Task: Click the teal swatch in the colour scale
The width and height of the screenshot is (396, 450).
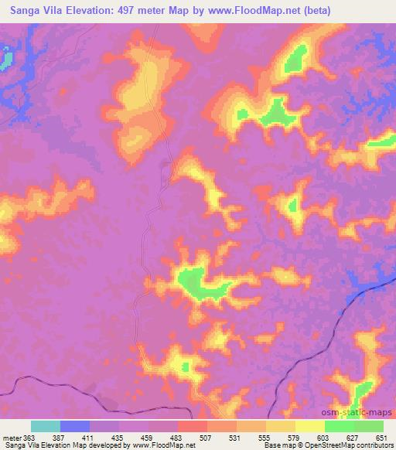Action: coord(46,426)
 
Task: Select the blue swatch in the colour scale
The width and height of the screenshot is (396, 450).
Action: coord(75,426)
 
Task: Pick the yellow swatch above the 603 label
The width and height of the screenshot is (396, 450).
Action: coord(310,426)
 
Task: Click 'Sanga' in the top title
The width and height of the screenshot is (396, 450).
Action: coord(21,10)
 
